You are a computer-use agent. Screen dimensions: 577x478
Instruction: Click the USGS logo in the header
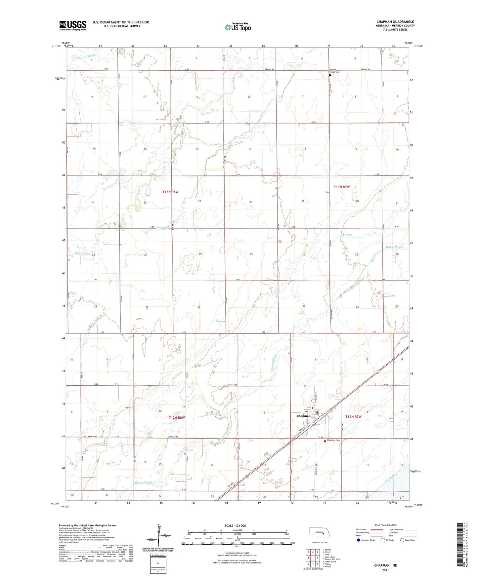tap(73, 25)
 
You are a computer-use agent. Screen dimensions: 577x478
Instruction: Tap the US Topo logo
tap(237, 27)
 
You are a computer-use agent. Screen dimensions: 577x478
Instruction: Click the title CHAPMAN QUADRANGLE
tap(395, 22)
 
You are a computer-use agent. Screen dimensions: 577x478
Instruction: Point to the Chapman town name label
tap(303, 416)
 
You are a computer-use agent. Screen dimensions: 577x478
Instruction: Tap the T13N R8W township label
tap(170, 192)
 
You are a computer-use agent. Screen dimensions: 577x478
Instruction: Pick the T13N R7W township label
tap(341, 187)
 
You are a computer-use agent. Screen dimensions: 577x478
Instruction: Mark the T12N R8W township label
tap(177, 418)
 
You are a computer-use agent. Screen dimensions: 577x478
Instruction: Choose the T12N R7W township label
tap(353, 417)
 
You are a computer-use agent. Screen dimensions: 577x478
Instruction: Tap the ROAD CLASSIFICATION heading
tap(385, 525)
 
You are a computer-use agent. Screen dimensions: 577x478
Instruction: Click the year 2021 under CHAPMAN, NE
tap(385, 570)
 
